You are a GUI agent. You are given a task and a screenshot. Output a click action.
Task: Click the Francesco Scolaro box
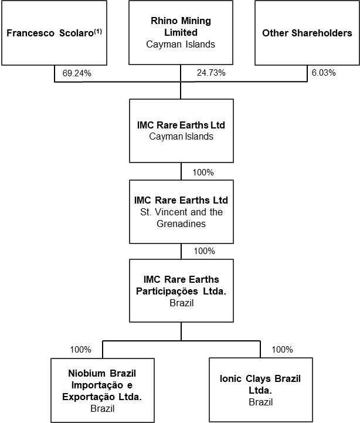click(54, 33)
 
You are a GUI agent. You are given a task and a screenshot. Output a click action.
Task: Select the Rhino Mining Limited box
click(181, 33)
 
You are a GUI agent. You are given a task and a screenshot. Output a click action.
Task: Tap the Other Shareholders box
click(307, 33)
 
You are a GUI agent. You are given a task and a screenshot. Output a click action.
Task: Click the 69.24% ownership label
click(77, 73)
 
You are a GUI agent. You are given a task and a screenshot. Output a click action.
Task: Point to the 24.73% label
click(211, 73)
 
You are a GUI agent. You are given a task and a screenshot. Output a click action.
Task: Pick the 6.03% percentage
click(324, 73)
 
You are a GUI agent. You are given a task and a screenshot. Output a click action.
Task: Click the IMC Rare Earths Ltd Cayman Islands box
click(181, 131)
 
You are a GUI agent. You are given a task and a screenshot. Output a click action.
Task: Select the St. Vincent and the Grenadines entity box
click(181, 212)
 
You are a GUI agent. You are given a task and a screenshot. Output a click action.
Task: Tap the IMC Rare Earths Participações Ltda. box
click(181, 291)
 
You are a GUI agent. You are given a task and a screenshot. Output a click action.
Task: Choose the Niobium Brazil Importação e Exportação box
click(103, 390)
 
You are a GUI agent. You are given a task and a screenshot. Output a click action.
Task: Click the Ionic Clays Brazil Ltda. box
click(261, 390)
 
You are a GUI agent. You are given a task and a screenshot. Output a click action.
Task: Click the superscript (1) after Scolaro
click(97, 32)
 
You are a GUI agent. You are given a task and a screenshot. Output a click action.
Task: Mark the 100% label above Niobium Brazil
click(81, 350)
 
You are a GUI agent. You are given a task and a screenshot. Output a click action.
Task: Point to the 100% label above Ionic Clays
click(283, 350)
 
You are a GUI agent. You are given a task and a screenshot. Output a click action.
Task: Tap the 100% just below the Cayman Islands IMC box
click(203, 172)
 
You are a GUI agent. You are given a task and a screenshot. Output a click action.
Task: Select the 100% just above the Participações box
click(205, 251)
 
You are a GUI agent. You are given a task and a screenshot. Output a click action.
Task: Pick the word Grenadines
click(181, 224)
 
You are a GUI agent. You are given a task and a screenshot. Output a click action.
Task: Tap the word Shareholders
click(322, 33)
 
